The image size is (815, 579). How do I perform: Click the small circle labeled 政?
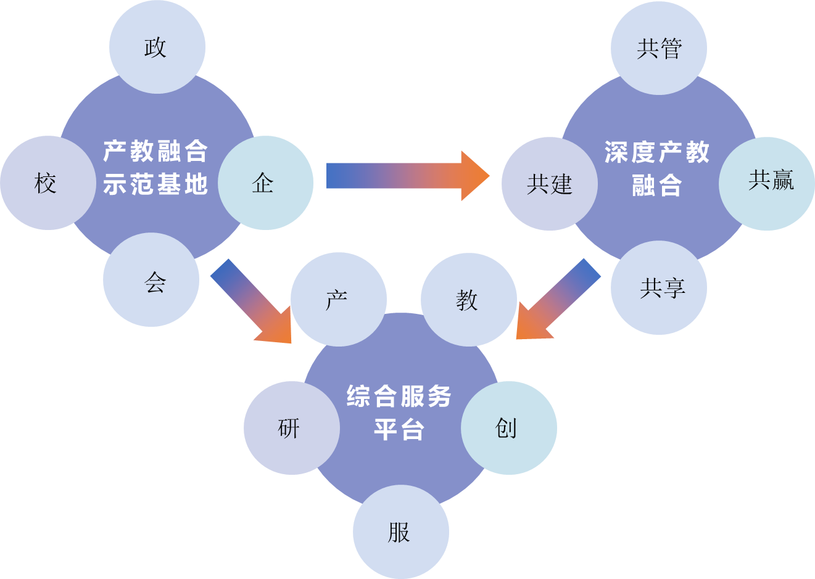157,47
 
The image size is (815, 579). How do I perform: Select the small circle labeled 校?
48,183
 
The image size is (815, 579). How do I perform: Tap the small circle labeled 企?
265,183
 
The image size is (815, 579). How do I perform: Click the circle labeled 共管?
659,47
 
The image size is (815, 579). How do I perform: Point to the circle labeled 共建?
549,184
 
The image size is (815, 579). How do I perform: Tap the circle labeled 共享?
659,287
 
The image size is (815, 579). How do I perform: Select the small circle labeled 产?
338,299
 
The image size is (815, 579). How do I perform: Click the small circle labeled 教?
469,299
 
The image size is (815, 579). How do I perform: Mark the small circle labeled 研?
291,427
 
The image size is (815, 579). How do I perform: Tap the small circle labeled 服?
400,531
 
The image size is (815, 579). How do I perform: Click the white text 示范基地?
155,184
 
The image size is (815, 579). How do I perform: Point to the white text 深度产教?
657,152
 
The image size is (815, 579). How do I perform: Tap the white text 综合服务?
399,396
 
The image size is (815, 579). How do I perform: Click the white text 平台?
399,429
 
